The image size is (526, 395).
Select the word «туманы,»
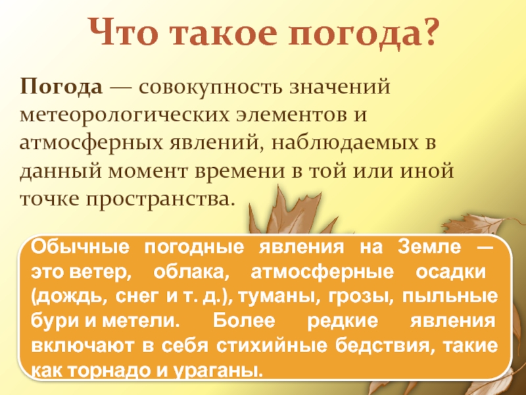click(269, 296)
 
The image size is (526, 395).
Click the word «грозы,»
click(356, 296)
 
